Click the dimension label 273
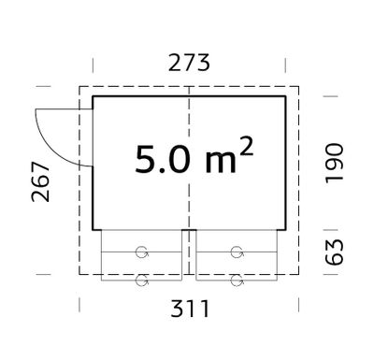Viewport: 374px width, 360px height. click(x=189, y=63)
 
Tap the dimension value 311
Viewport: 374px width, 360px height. click(x=190, y=309)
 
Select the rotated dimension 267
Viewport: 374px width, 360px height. click(x=41, y=181)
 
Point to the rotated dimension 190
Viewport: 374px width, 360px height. click(x=334, y=164)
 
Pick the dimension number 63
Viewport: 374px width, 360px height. click(x=334, y=252)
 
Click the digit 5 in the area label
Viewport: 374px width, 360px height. click(x=145, y=159)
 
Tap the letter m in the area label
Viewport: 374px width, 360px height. click(x=221, y=163)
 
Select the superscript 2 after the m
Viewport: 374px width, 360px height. click(x=246, y=146)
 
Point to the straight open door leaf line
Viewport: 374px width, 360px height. click(x=64, y=109)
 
